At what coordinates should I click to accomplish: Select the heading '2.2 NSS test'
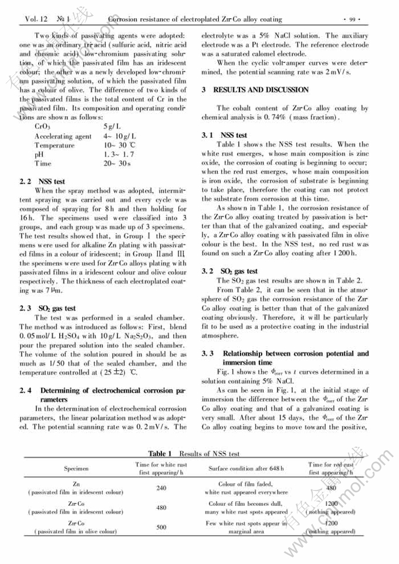pyautogui.click(x=44, y=182)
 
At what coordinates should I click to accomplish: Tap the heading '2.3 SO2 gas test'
pyautogui.click(x=48, y=308)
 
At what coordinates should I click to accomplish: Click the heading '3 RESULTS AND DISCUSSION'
pyautogui.click(x=255, y=90)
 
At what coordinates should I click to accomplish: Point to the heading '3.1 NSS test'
pyautogui.click(x=224, y=136)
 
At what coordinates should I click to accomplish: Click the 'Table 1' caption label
pyautogui.click(x=160, y=454)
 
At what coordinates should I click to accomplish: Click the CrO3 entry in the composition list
pyautogui.click(x=43, y=126)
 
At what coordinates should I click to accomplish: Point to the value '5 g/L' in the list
pyautogui.click(x=112, y=126)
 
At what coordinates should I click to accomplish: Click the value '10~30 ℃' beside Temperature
pyautogui.click(x=119, y=145)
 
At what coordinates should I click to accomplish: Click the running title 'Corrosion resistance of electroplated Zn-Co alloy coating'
pyautogui.click(x=195, y=19)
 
